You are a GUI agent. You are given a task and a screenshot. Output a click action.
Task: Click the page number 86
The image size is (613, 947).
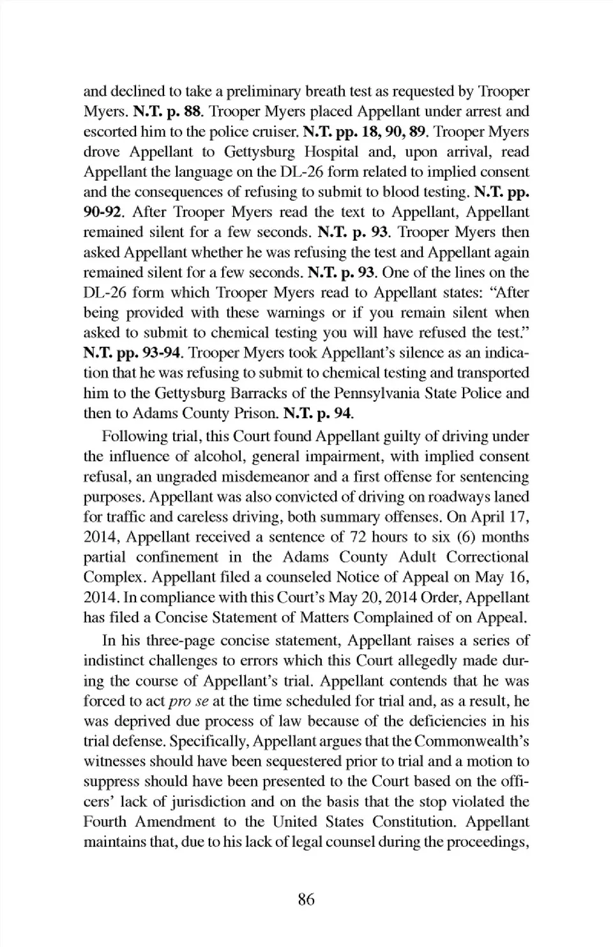(x=306, y=900)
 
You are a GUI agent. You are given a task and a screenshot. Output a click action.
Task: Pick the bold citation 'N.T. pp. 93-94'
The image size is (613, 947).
(x=133, y=352)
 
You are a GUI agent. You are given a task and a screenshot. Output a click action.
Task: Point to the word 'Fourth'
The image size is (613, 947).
(x=105, y=822)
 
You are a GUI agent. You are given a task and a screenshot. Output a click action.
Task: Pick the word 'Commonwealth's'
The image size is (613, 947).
(x=472, y=741)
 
